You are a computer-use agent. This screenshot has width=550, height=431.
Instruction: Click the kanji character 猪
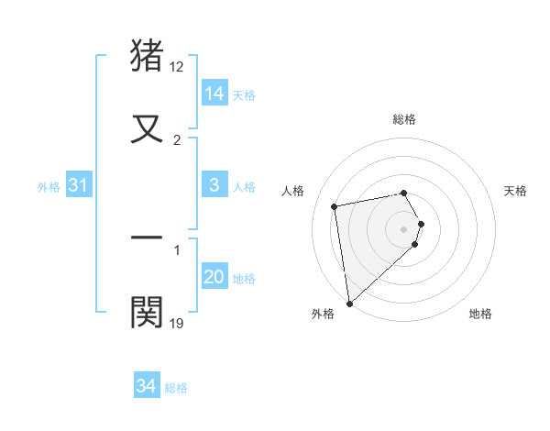pos(148,55)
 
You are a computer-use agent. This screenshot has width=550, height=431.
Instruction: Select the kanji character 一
pos(148,237)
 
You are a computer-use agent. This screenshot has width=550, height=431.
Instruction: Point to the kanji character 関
pos(148,312)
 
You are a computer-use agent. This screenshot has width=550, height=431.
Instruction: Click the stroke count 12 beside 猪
pos(177,67)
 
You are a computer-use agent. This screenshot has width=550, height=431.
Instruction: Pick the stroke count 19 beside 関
pos(177,323)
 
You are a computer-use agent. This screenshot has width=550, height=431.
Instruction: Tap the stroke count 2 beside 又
pos(177,140)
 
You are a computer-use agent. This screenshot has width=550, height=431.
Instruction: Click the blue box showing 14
pos(214,94)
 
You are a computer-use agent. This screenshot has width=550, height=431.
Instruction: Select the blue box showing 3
pos(214,185)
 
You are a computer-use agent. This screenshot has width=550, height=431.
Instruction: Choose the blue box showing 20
pos(214,277)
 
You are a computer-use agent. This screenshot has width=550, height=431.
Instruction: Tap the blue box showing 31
pos(79,185)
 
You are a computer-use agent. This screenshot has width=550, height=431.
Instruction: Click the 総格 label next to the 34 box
pos(176,388)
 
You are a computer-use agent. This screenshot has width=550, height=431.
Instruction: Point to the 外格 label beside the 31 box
pos(49,187)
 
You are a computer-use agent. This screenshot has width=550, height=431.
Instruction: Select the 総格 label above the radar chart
pos(404,119)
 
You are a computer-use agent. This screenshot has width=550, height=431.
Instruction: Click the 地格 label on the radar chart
pos(480,314)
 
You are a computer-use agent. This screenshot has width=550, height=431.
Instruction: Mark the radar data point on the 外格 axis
pos(349,303)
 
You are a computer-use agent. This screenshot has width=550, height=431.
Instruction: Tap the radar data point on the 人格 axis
pos(335,205)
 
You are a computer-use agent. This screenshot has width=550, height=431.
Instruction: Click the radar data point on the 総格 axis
pos(404,193)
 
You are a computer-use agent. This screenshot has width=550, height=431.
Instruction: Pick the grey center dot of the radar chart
pos(404,228)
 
